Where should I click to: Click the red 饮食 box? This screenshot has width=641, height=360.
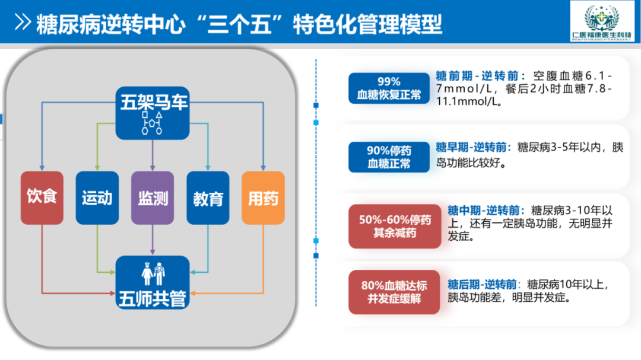pos(42,197)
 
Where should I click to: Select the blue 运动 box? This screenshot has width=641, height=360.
pos(97,197)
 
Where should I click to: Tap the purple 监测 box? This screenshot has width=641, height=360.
pos(153,197)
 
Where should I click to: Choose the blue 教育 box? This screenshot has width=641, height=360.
pos(208,197)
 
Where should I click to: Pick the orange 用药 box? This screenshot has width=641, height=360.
pos(263,197)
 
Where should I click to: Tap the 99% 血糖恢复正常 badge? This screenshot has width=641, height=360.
pos(389,88)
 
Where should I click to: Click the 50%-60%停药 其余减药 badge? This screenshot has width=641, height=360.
pos(395,226)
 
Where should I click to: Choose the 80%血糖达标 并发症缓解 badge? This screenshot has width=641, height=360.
pos(395,292)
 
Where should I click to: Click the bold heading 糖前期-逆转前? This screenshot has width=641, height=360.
pos(480,76)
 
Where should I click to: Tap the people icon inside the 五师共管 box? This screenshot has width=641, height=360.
pos(153,273)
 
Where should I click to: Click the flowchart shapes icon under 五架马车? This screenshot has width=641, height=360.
pos(153,123)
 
